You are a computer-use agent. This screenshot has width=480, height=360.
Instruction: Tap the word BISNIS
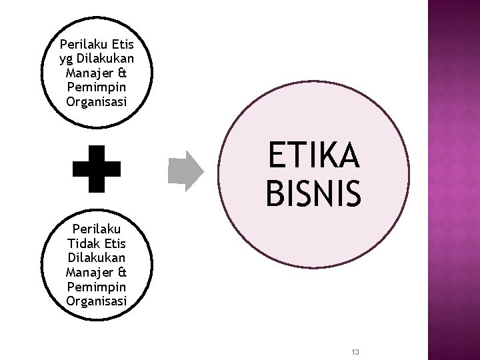[313, 192]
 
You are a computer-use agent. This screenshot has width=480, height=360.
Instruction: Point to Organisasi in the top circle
[96, 102]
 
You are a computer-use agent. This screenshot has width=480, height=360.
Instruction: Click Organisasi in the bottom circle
[96, 301]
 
